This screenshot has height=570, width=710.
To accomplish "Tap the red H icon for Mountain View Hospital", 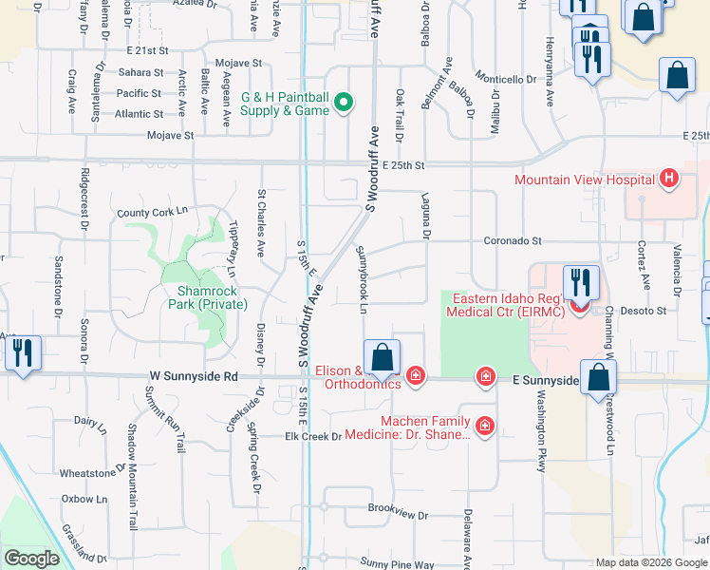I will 669,179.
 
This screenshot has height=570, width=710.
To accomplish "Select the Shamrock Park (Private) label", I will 205,297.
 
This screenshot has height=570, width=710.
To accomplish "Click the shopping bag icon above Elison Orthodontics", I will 382,358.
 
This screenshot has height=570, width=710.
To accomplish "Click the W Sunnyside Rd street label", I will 193,376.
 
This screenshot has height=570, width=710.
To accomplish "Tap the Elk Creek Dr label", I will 312,436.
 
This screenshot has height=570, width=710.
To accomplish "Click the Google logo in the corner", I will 31,559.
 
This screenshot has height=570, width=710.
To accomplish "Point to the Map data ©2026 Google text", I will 651,562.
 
